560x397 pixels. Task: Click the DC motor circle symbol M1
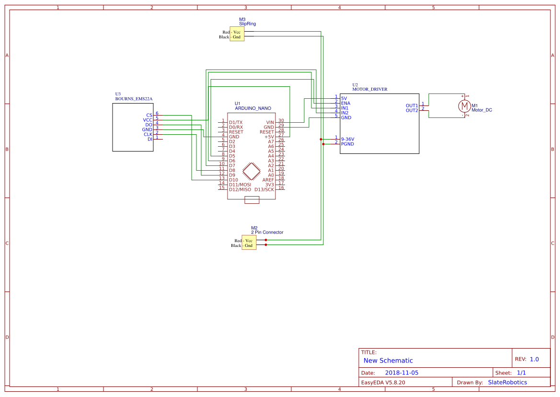(463, 105)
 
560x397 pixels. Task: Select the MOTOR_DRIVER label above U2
(370, 89)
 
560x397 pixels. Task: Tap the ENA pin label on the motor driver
(345, 103)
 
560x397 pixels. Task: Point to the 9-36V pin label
(347, 139)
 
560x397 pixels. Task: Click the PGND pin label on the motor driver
(347, 144)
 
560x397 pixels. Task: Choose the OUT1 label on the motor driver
(411, 105)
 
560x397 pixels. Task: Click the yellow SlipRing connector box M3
(237, 34)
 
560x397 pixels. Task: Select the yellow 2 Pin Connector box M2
(249, 243)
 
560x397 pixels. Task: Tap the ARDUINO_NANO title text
(253, 108)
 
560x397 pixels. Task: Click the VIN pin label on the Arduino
(270, 122)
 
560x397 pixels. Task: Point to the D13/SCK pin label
(264, 189)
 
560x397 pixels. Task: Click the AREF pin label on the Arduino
(268, 180)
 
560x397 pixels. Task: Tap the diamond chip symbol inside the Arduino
(251, 171)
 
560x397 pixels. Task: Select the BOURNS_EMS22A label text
(134, 99)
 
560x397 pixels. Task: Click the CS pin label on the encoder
(149, 115)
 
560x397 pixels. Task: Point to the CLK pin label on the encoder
(148, 134)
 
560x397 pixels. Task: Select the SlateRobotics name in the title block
(507, 382)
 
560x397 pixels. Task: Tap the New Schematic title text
(388, 361)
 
